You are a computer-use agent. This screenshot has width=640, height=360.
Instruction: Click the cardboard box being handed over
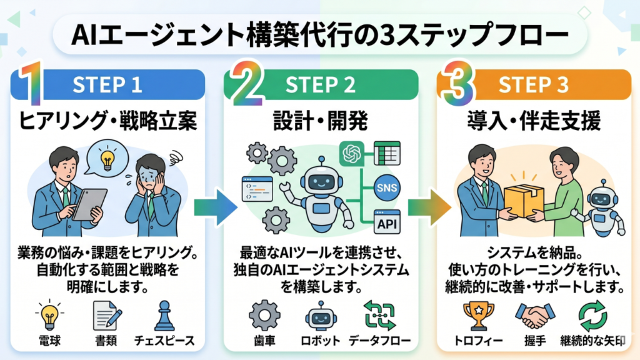pos(523,199)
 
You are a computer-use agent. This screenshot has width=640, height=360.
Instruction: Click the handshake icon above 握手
pos(534,316)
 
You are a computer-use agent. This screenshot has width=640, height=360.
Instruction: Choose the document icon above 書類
pos(106,316)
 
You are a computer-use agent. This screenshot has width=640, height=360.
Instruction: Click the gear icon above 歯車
pos(264,316)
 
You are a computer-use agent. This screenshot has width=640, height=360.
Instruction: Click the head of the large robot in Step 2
pos(319,182)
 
